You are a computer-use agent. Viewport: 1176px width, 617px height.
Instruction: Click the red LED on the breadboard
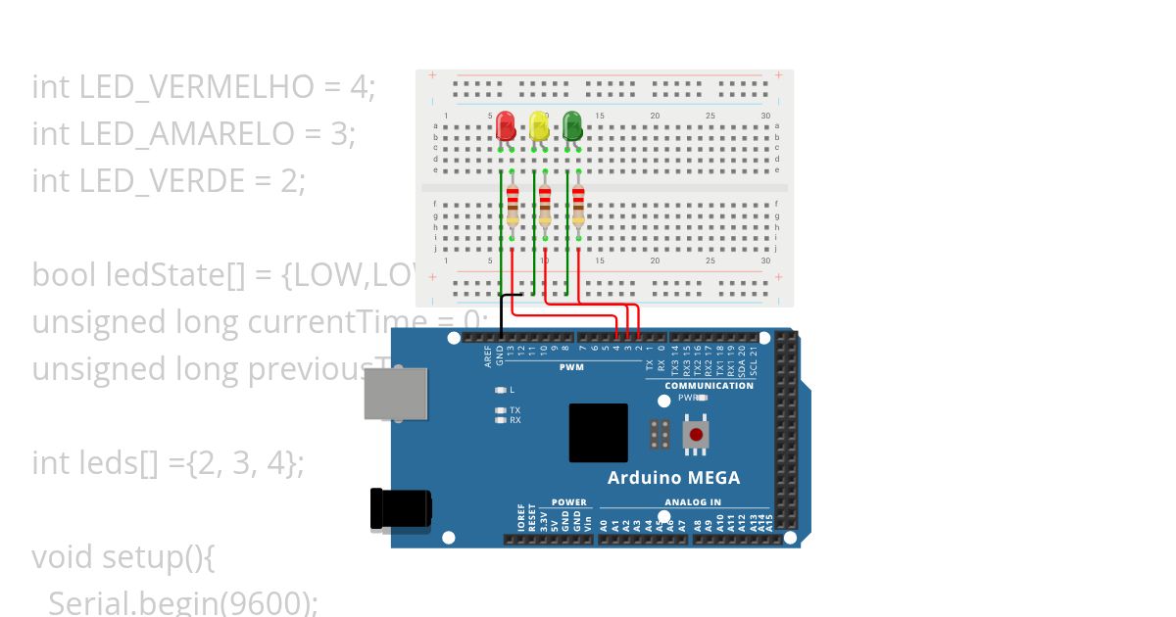pyautogui.click(x=506, y=125)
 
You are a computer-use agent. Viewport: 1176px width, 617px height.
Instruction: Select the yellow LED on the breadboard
pyautogui.click(x=538, y=125)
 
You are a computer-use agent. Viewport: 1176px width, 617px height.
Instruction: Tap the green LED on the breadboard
pyautogui.click(x=571, y=125)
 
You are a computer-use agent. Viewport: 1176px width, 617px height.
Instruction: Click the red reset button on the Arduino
pyautogui.click(x=696, y=435)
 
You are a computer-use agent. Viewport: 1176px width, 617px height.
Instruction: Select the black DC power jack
pyautogui.click(x=400, y=509)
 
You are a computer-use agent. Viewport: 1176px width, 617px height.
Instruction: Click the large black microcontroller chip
pyautogui.click(x=598, y=433)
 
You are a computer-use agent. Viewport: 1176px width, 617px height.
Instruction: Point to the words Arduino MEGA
pyautogui.click(x=673, y=478)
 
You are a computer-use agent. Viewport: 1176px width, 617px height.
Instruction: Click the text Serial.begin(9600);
pyautogui.click(x=183, y=603)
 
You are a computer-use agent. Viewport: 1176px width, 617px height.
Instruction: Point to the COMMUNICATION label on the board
pyautogui.click(x=709, y=386)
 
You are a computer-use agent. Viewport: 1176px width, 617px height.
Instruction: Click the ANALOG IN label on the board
pyautogui.click(x=693, y=502)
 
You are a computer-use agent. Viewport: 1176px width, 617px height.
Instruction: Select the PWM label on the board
pyautogui.click(x=571, y=367)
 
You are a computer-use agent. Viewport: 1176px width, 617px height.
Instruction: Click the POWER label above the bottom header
pyautogui.click(x=568, y=502)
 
